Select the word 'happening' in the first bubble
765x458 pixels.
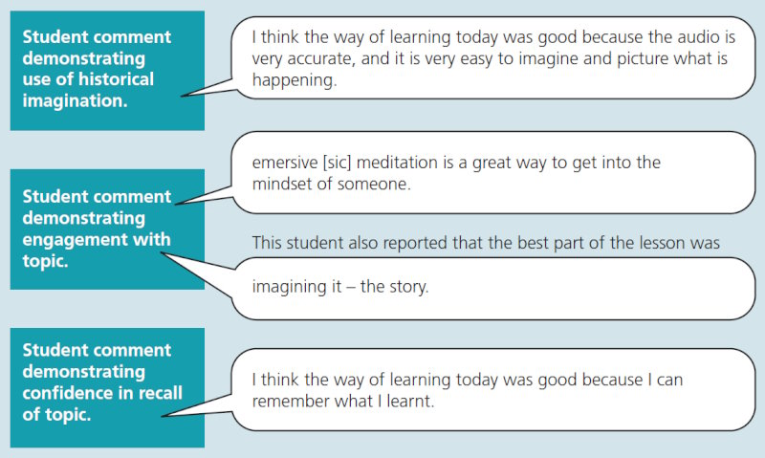(295, 81)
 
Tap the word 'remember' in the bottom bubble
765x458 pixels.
(290, 400)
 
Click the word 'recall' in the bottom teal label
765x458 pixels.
(155, 392)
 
